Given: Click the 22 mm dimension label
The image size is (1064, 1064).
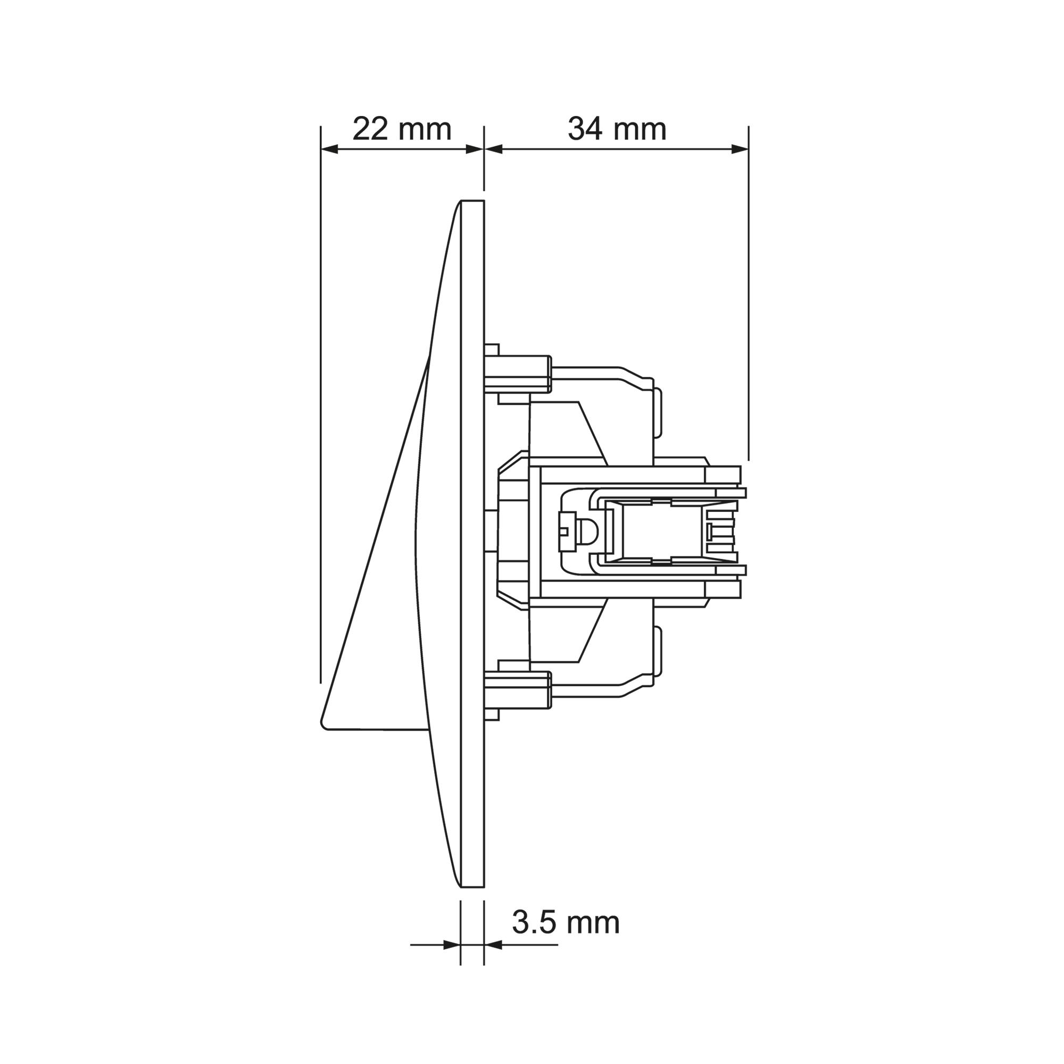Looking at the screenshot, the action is tap(402, 129).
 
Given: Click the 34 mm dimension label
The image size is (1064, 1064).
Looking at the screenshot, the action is tap(617, 129).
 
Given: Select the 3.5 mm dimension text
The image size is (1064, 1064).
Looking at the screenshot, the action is tap(566, 922).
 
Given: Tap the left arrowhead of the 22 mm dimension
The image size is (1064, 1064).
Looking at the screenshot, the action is tap(329, 149).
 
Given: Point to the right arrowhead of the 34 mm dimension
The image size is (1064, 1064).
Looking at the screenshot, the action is tap(739, 149).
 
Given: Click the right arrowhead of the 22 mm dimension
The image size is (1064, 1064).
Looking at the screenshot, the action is tap(475, 149).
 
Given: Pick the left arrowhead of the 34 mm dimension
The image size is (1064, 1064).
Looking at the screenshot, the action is tap(494, 149).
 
